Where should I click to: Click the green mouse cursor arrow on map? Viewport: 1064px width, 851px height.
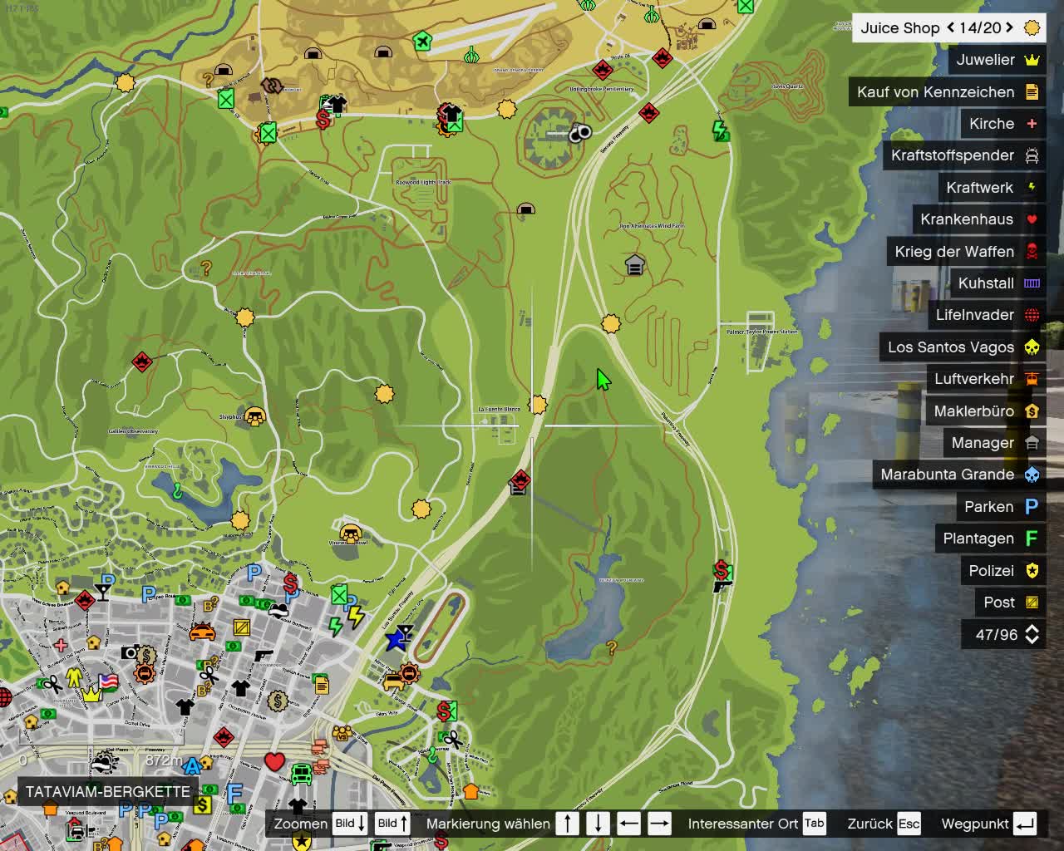(x=603, y=379)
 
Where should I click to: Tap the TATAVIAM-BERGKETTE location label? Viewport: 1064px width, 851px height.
(x=108, y=791)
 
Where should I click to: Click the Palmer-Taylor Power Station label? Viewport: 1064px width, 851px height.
(x=761, y=332)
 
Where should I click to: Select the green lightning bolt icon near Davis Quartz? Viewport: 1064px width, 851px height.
(x=720, y=130)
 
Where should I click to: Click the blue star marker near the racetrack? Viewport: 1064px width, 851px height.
(x=396, y=641)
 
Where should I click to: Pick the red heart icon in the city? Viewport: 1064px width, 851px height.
(x=274, y=761)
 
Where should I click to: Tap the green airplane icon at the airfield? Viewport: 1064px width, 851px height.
(x=423, y=41)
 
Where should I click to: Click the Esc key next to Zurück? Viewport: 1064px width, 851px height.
(x=909, y=824)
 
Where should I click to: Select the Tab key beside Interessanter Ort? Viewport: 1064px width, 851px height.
(x=814, y=824)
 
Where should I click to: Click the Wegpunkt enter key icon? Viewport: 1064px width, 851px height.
(x=1025, y=824)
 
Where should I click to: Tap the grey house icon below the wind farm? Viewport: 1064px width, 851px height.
(x=635, y=265)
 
